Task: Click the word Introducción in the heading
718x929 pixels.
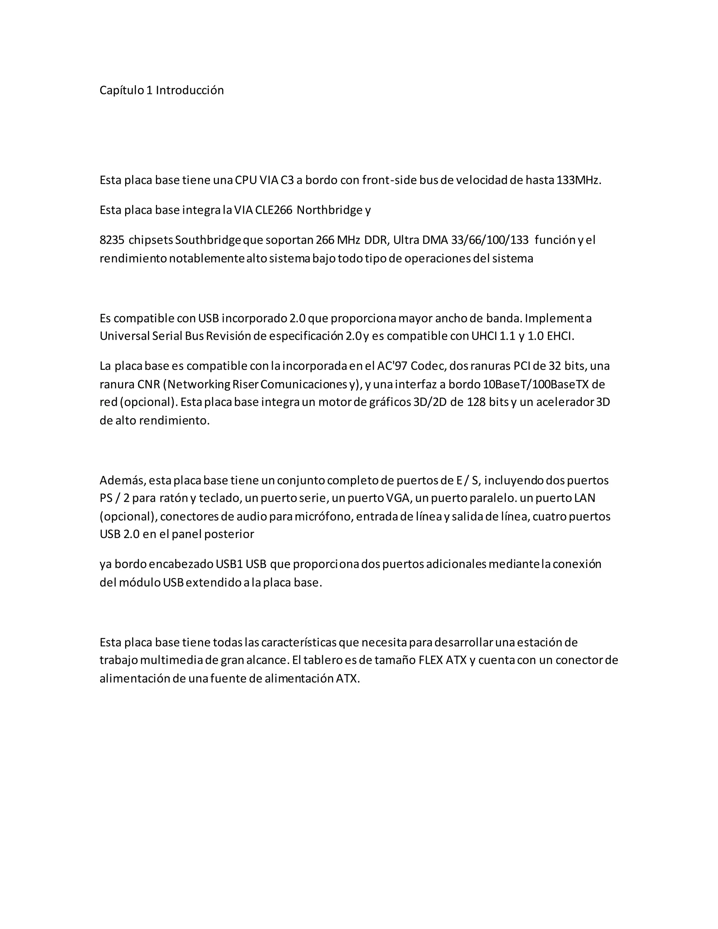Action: tap(190, 90)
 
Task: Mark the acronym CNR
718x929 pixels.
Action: tap(148, 384)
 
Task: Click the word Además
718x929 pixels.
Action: tap(123, 480)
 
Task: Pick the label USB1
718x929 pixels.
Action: tap(229, 564)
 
